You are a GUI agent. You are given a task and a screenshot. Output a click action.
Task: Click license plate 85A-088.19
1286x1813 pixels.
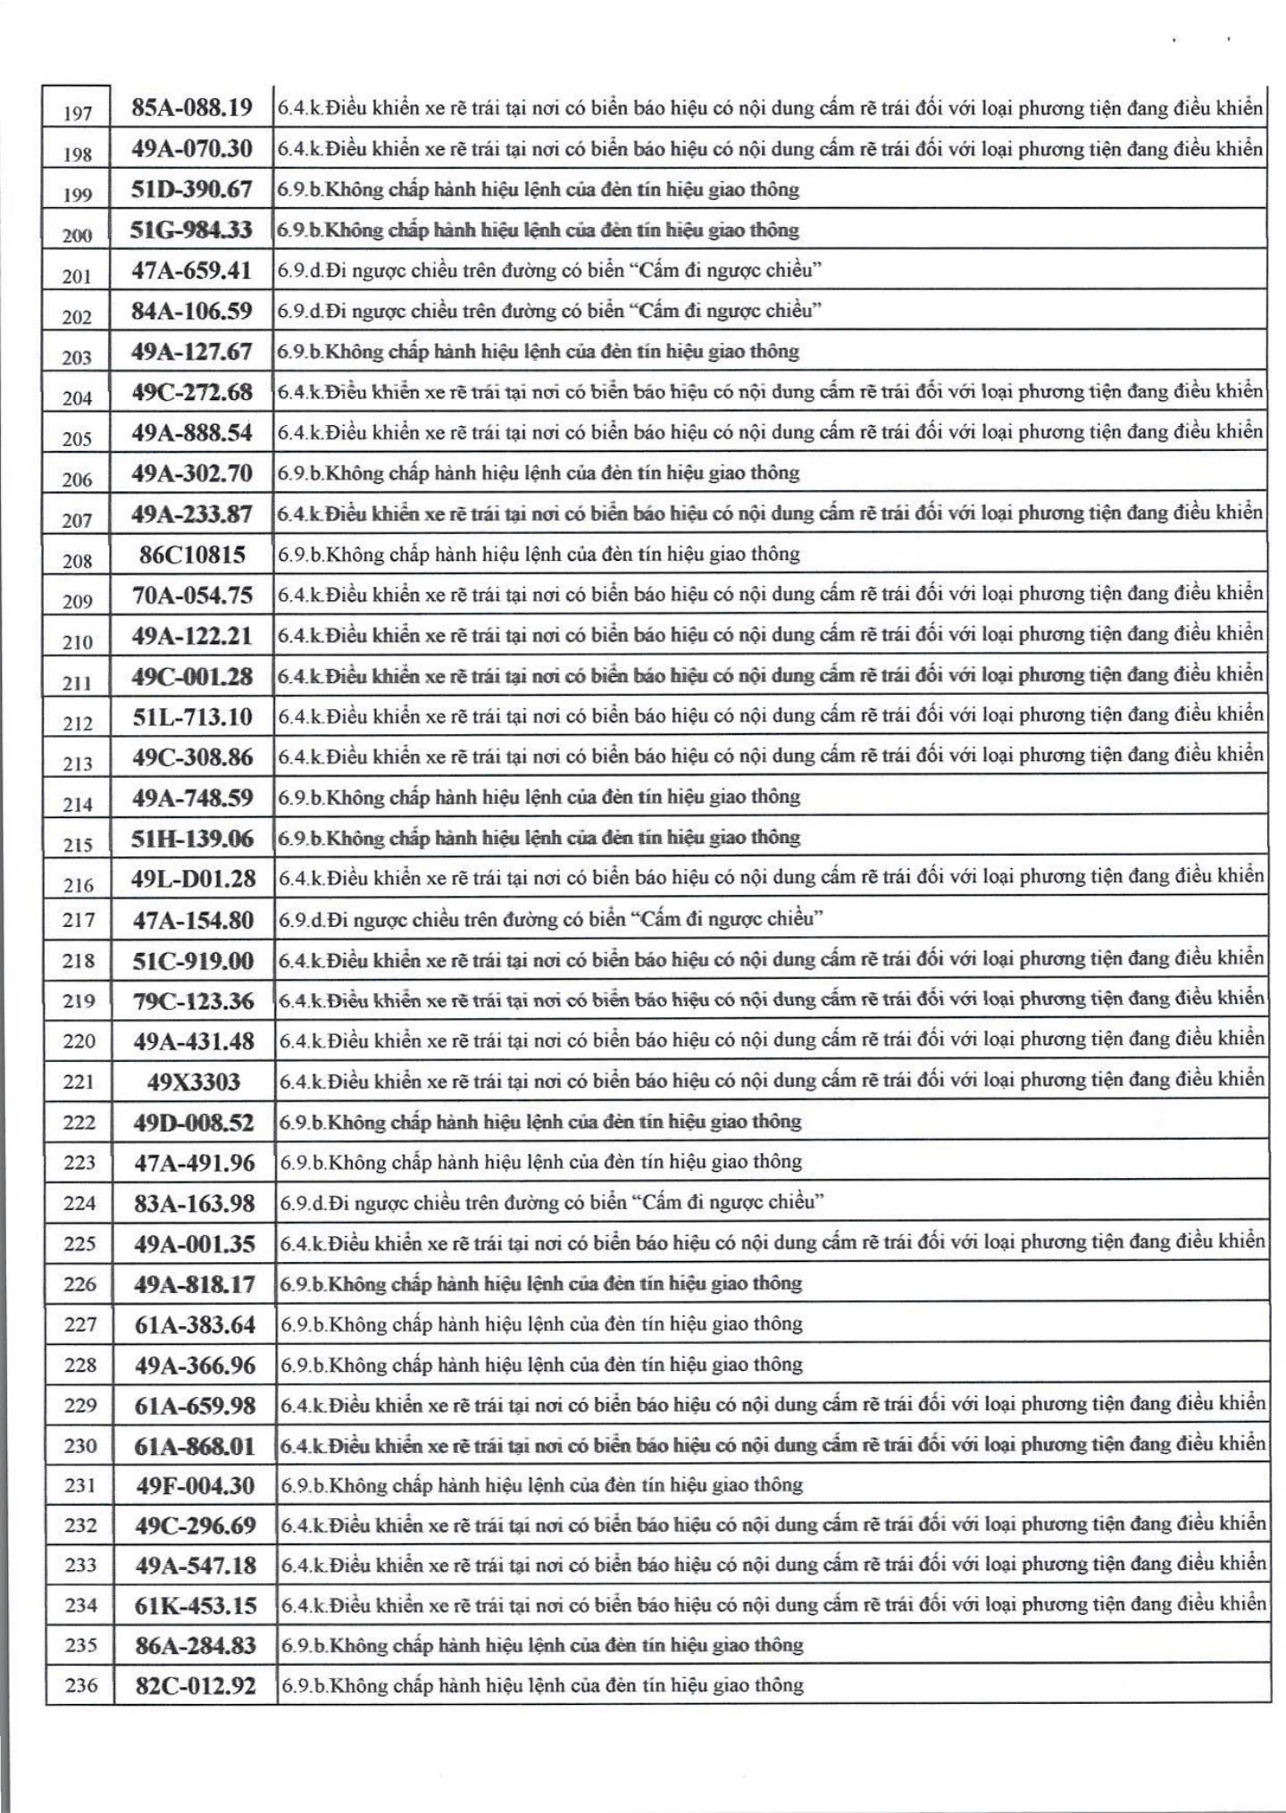[x=192, y=108]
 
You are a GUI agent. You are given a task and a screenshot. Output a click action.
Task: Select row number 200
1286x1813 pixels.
[x=77, y=235]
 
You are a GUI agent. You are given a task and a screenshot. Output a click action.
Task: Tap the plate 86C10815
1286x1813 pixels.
[x=192, y=555]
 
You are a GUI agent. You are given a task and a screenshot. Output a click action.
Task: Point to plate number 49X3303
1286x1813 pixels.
[x=194, y=1082]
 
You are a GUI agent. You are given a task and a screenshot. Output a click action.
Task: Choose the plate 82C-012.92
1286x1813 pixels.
[x=196, y=1685]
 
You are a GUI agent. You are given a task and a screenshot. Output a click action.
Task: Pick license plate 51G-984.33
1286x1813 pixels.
[x=192, y=230]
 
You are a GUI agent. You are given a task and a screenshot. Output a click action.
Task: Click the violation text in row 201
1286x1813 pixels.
[x=549, y=270]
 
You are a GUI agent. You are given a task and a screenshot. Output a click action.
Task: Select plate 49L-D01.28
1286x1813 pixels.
[x=194, y=879]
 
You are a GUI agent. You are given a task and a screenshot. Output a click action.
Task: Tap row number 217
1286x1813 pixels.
[x=79, y=919]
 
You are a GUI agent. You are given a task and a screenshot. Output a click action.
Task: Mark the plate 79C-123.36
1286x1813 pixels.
[x=194, y=1000]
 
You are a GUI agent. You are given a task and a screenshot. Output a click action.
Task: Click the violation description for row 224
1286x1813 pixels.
[x=551, y=1202]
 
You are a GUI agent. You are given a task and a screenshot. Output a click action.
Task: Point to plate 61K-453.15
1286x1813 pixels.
[x=196, y=1605]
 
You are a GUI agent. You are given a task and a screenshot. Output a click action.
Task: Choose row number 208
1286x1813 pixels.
[x=78, y=560]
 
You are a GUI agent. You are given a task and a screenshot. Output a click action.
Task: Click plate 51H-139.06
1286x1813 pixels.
[x=193, y=839]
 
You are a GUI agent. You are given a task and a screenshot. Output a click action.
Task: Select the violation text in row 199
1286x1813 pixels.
[x=539, y=189]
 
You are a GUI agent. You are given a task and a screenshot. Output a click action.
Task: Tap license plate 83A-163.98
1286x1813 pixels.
[x=195, y=1203]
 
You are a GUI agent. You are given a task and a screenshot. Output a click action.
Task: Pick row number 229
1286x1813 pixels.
[x=80, y=1405]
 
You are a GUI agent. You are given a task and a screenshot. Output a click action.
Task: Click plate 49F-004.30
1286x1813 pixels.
[x=195, y=1485]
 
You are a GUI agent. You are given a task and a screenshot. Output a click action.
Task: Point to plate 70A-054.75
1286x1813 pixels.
[x=193, y=595]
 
